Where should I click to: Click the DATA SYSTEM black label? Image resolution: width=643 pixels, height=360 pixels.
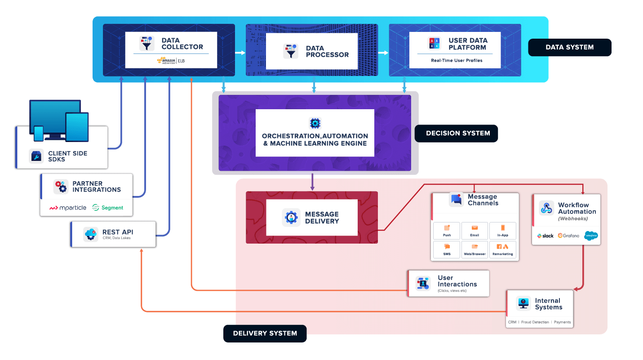point(569,47)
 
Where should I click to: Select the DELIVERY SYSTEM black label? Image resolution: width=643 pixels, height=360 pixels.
point(265,333)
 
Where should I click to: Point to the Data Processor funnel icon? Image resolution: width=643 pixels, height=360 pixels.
point(291,51)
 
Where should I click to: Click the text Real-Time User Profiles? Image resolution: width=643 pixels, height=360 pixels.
point(456,60)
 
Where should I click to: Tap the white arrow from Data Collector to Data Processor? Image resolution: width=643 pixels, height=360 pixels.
point(240,53)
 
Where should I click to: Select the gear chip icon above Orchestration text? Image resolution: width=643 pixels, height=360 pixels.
point(315,123)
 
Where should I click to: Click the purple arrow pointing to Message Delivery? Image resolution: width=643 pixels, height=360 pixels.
point(312,182)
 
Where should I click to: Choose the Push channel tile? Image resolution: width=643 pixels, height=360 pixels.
point(447,231)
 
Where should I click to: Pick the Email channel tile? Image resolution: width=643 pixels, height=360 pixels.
point(474,231)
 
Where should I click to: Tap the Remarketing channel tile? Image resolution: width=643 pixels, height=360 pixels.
point(502,249)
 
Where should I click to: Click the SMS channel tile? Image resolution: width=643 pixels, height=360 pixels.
point(447,249)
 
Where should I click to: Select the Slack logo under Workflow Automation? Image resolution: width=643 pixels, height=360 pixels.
point(545,236)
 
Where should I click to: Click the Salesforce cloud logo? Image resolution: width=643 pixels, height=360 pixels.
point(590,236)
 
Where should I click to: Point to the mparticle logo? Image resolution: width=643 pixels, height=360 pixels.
point(67,208)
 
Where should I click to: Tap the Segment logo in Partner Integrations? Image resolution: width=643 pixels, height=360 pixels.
point(107,208)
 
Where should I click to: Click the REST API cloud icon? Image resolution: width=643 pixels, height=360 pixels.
point(90,234)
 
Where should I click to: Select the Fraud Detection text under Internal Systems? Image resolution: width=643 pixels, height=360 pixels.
point(535,322)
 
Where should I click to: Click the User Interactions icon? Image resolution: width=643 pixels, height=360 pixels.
point(423,283)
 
